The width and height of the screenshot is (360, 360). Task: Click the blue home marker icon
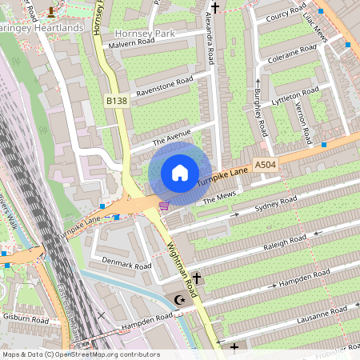(179, 173)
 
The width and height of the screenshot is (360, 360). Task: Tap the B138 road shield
(117, 101)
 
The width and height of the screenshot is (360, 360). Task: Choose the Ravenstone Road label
(166, 85)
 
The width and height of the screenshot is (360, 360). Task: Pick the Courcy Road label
(286, 15)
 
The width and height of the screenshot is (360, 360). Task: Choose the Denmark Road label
(126, 265)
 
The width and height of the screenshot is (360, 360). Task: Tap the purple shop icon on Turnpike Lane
(164, 206)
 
